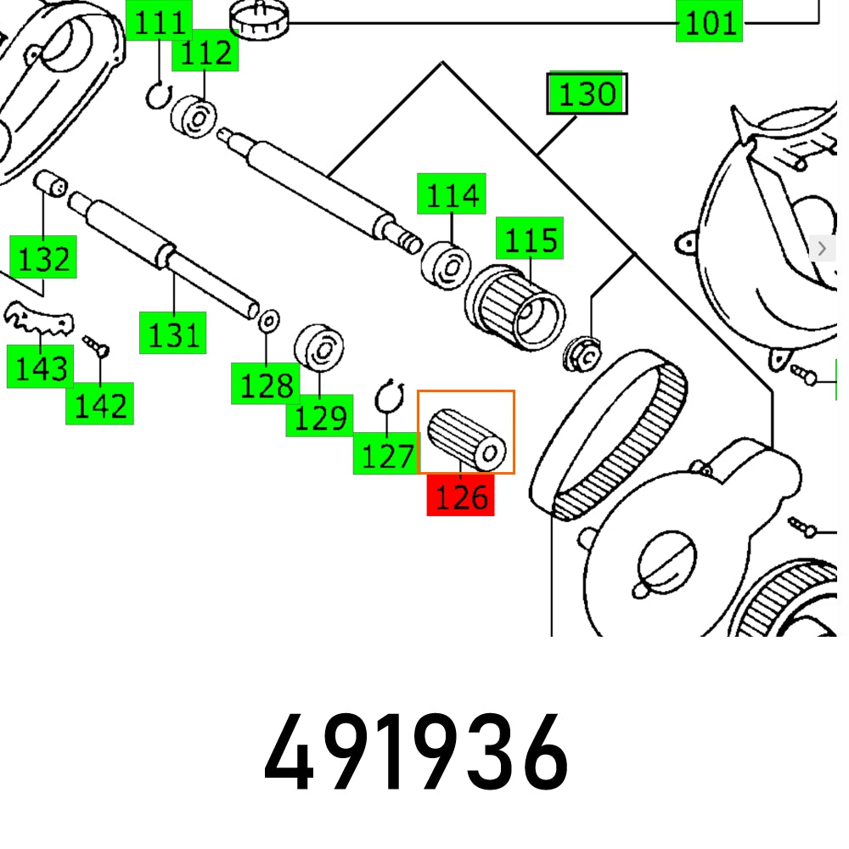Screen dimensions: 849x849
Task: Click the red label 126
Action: coord(460,496)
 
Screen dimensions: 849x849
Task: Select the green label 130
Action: coord(587,93)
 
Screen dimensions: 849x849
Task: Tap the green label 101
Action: coord(710,22)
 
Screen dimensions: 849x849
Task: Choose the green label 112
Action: coord(205,53)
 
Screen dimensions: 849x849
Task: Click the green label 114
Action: coord(451,195)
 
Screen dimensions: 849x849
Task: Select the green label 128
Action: coord(266,385)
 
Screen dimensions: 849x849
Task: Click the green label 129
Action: coord(319,417)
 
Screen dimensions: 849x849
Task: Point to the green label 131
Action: coord(173,335)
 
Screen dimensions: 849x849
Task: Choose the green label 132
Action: coord(43,258)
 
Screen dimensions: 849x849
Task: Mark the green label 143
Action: coord(39,368)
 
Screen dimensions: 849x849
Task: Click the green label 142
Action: coord(100,405)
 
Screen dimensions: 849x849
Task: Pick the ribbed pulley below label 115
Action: coord(515,308)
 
